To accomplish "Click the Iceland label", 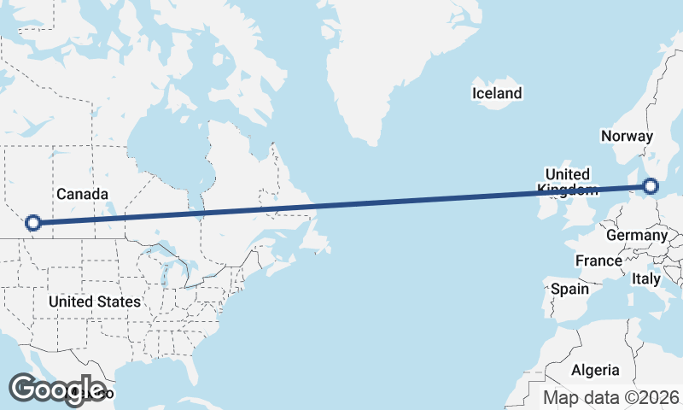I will tap(496, 93).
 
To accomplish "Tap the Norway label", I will tap(627, 136).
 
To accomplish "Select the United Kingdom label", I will tap(568, 182).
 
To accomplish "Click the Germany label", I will tap(636, 235).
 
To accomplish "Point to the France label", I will tap(598, 261).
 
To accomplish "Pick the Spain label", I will tap(569, 289).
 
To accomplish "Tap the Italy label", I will tap(646, 278).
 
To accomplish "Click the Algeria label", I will tap(595, 370).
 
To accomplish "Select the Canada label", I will tap(82, 194).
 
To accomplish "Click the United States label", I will tap(94, 302).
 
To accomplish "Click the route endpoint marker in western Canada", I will tap(33, 223).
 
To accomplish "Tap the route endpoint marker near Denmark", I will tap(651, 185).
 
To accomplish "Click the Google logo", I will tap(56, 389).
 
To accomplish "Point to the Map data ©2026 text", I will tap(611, 397).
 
